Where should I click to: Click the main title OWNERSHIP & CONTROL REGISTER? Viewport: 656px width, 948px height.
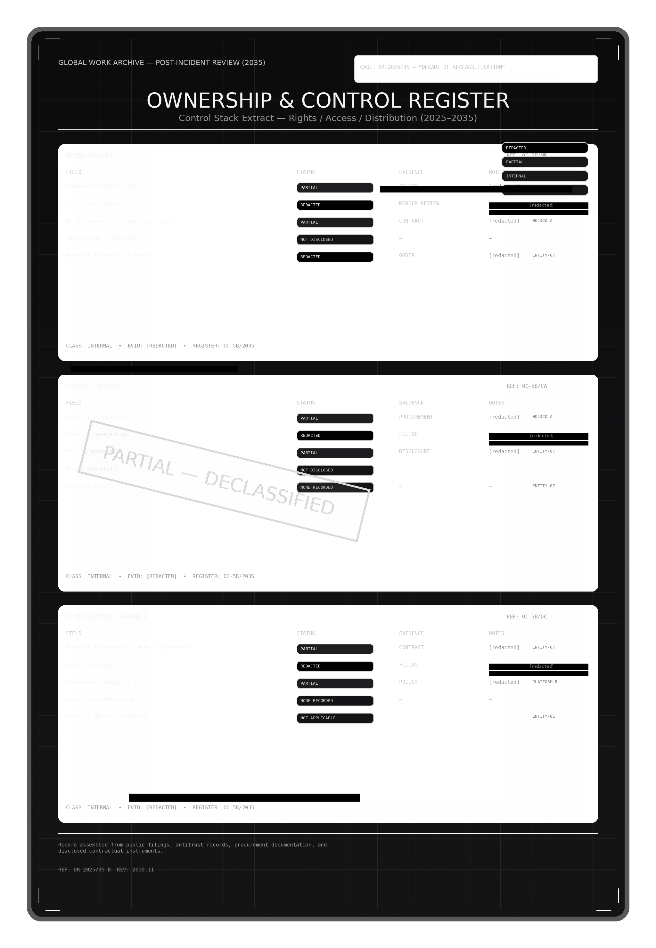click(x=328, y=101)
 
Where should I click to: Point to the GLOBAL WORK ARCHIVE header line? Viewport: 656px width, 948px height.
click(x=161, y=63)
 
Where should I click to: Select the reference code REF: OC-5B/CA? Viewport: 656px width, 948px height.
click(x=527, y=386)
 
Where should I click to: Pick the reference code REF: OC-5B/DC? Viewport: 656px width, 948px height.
click(x=527, y=617)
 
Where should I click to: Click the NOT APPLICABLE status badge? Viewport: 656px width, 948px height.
click(x=335, y=718)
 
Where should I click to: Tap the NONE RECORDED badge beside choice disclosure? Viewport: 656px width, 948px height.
click(x=335, y=701)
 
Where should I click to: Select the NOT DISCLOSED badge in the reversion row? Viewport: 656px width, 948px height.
click(x=335, y=240)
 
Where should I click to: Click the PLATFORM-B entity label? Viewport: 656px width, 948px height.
click(x=545, y=682)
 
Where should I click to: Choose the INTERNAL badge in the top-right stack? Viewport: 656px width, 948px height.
click(x=545, y=176)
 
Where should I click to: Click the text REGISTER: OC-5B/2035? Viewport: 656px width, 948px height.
click(x=223, y=807)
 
